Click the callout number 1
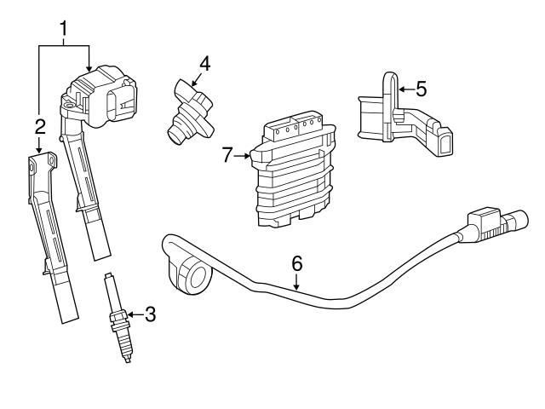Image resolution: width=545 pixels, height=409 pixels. click(x=63, y=30)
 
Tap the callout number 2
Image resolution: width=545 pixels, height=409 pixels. click(x=39, y=127)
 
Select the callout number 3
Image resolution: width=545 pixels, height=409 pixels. click(x=151, y=314)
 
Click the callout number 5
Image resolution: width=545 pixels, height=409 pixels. click(x=421, y=87)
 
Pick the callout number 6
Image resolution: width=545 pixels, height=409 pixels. click(x=296, y=263)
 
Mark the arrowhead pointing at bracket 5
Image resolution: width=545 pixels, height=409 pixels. click(x=401, y=87)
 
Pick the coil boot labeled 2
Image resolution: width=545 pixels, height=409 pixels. click(x=51, y=239)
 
